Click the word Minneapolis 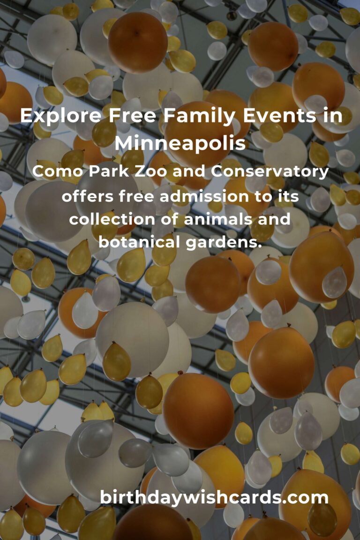180,143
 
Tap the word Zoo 143,172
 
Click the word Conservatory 270,172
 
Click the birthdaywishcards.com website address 214,497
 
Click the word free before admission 136,195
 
